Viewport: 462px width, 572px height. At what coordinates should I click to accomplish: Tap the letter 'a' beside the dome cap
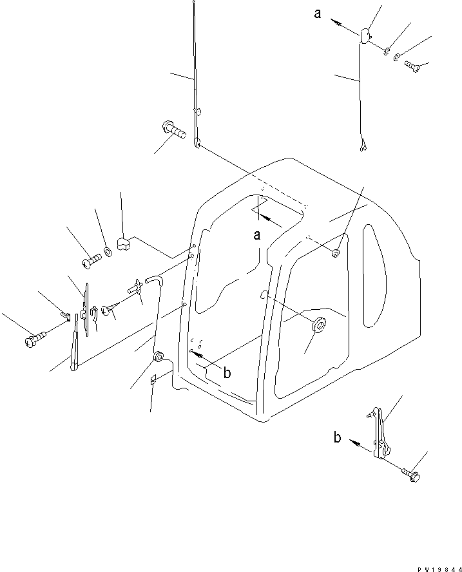click(318, 14)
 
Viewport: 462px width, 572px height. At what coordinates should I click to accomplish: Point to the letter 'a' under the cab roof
click(256, 235)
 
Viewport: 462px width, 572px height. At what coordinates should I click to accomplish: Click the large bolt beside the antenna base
click(172, 132)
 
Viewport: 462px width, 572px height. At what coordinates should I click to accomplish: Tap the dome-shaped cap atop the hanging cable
click(364, 35)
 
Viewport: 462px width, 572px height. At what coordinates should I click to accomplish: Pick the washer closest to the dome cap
click(385, 51)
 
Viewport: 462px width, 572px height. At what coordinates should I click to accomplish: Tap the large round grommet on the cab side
click(318, 326)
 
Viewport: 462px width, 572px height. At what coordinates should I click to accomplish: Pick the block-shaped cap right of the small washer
click(124, 243)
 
